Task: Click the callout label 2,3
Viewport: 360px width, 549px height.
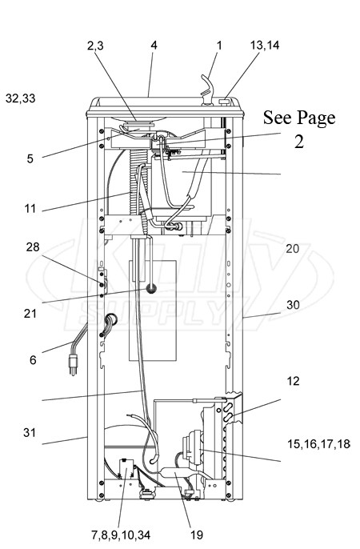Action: (x=95, y=46)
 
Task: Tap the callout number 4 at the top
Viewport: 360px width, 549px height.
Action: (x=154, y=45)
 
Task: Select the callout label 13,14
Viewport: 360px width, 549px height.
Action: (x=265, y=45)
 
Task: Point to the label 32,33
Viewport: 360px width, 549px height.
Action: (x=21, y=98)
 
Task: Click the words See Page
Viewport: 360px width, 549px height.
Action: (x=299, y=118)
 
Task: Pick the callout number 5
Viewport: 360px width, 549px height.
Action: (x=30, y=159)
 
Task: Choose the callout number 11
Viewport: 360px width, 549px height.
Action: (x=30, y=209)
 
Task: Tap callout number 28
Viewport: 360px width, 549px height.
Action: (x=33, y=247)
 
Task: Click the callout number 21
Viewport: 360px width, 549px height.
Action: (x=30, y=313)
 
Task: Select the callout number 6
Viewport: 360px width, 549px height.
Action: (x=33, y=360)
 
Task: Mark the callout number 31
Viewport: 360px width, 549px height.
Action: (x=30, y=433)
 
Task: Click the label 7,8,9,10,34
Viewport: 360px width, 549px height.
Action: (x=121, y=535)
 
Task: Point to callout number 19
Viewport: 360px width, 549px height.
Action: (x=197, y=535)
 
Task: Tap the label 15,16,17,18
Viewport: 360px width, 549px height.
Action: (x=318, y=444)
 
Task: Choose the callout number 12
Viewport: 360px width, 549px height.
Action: (x=293, y=381)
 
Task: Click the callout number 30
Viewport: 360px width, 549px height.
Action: (x=293, y=305)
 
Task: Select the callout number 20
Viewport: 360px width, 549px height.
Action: (x=293, y=249)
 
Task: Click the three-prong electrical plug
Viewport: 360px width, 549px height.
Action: (x=73, y=364)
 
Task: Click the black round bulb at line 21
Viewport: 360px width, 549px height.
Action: (x=151, y=289)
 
